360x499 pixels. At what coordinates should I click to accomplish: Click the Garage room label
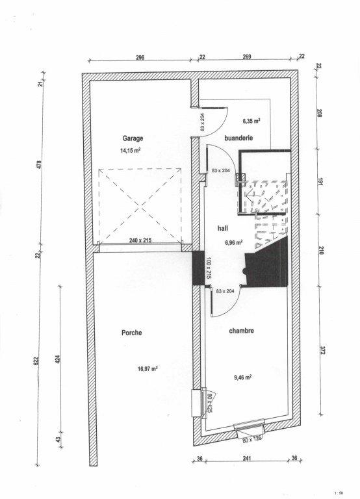pos(133,138)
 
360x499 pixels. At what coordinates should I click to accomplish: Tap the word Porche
pos(131,333)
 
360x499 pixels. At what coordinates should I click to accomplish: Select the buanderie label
pos(238,138)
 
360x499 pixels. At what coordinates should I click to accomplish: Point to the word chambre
pos(242,331)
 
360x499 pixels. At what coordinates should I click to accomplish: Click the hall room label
pos(223,228)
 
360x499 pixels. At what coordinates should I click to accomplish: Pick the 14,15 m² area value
pos(131,150)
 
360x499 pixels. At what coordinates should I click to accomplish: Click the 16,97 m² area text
pos(148,369)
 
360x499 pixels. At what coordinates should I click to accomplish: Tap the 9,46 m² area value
pos(243,377)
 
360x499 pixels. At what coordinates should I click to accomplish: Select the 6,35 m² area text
pos(251,121)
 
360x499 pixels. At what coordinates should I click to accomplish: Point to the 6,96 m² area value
pos(234,242)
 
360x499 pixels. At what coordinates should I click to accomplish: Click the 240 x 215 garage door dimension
pos(140,240)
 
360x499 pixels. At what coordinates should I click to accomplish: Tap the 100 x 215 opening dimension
pos(209,268)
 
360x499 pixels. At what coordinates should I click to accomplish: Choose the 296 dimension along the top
pos(140,57)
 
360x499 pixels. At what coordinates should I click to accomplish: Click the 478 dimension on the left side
pos(40,165)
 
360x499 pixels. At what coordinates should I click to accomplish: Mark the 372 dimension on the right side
pos(322,351)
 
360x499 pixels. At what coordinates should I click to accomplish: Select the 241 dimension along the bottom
pos(247,458)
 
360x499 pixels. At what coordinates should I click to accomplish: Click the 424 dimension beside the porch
pos(58,359)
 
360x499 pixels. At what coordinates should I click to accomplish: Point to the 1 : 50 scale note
pos(339,493)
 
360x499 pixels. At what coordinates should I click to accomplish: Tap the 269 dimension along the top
pos(247,57)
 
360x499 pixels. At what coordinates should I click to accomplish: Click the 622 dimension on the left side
pos(36,361)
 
